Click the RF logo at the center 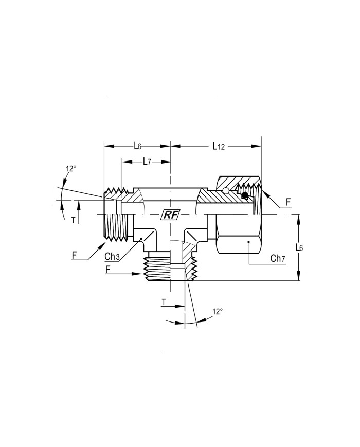click(x=170, y=215)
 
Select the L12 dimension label click(x=219, y=146)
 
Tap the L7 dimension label click(x=147, y=162)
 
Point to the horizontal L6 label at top click(x=138, y=146)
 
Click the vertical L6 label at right click(x=299, y=247)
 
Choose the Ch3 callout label click(x=112, y=257)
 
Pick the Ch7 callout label click(x=278, y=259)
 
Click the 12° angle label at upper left click(x=71, y=169)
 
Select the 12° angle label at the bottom click(x=217, y=311)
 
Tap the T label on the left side click(x=74, y=220)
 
